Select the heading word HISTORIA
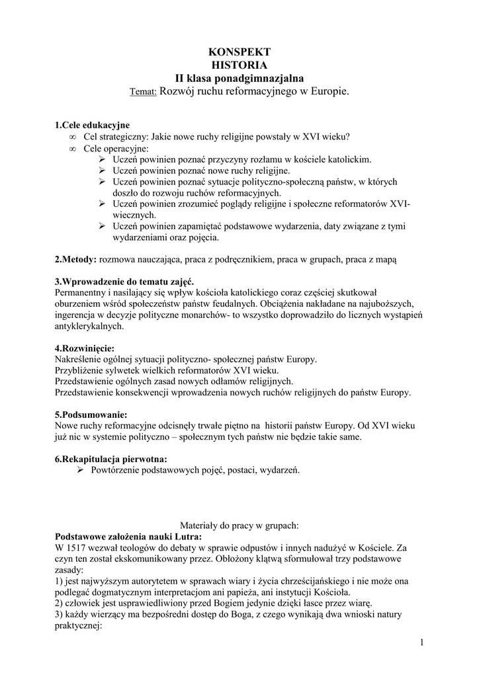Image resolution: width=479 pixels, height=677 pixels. [x=239, y=65]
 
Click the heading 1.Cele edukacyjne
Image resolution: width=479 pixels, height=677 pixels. [x=92, y=125]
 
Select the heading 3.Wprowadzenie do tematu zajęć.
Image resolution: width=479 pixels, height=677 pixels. [x=123, y=281]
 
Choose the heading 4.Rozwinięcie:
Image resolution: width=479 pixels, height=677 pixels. [x=84, y=348]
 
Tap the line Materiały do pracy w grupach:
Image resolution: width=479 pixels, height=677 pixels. [x=239, y=526]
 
